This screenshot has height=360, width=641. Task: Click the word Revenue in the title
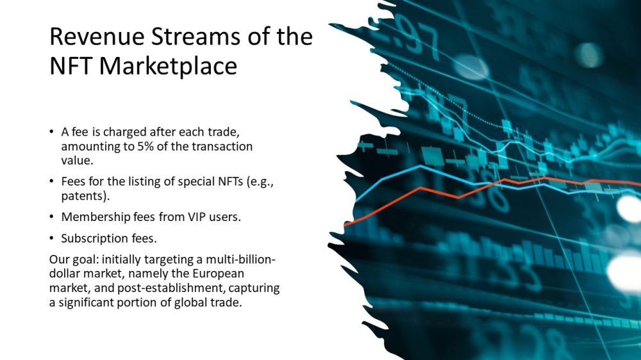[97, 36]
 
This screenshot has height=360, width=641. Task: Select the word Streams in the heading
[196, 36]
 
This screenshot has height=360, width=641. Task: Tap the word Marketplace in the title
[168, 66]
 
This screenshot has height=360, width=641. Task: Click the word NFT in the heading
[71, 65]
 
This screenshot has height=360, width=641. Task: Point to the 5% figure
[145, 146]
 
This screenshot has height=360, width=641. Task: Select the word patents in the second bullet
[84, 196]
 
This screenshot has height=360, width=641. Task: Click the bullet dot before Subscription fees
[51, 238]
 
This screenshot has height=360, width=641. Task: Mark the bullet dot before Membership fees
[51, 217]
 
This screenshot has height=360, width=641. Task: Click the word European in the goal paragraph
[219, 274]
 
